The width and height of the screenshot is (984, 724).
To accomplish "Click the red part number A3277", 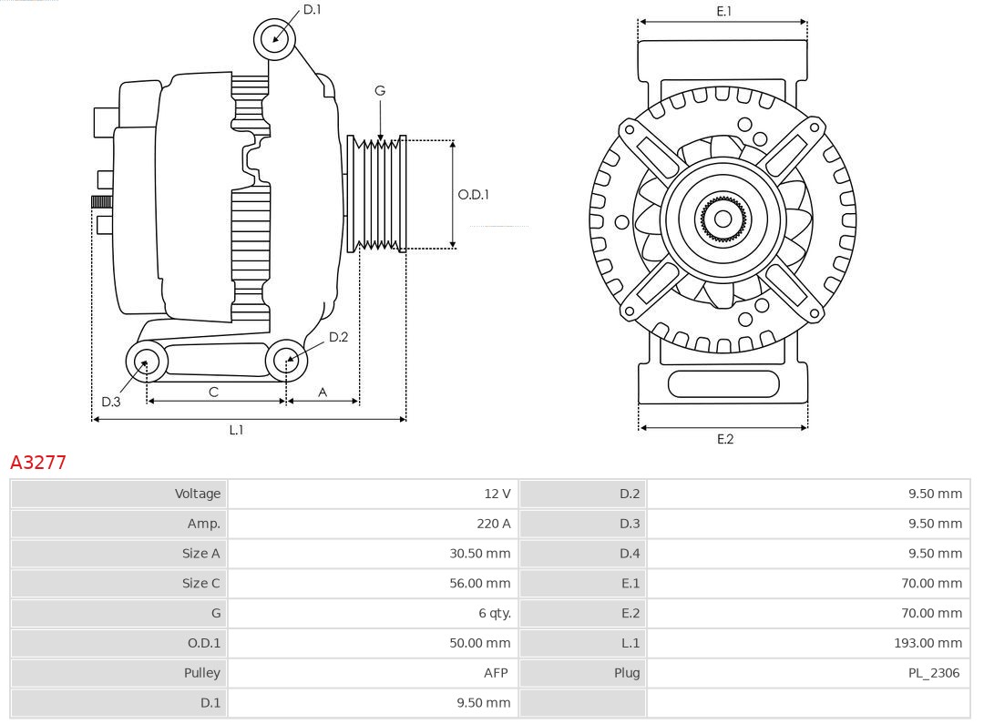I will [x=38, y=462].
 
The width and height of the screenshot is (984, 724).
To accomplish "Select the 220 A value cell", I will [x=493, y=524].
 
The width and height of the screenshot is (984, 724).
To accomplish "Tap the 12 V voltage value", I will [x=497, y=494].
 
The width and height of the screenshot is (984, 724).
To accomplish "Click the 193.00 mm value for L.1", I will [x=927, y=643].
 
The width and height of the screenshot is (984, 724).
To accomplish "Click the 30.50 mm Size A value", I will [x=479, y=554].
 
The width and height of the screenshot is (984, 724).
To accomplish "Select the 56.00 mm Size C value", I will [x=479, y=583].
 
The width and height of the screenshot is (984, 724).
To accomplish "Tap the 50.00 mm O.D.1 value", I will [x=479, y=643].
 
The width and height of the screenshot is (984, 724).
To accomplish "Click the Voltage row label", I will [x=198, y=494].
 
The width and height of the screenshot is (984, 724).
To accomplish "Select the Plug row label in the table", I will [x=627, y=673].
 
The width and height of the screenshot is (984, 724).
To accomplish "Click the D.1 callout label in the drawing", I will [x=312, y=10].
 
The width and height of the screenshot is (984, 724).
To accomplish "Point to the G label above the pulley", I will [x=380, y=90].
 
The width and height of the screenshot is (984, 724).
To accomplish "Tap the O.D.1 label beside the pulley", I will [x=473, y=194].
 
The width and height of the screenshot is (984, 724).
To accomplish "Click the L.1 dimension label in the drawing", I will [x=236, y=430].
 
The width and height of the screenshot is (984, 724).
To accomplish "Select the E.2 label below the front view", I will [x=724, y=439].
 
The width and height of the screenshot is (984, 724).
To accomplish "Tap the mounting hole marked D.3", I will [x=145, y=362].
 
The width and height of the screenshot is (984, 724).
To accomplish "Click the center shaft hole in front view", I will [x=723, y=219].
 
